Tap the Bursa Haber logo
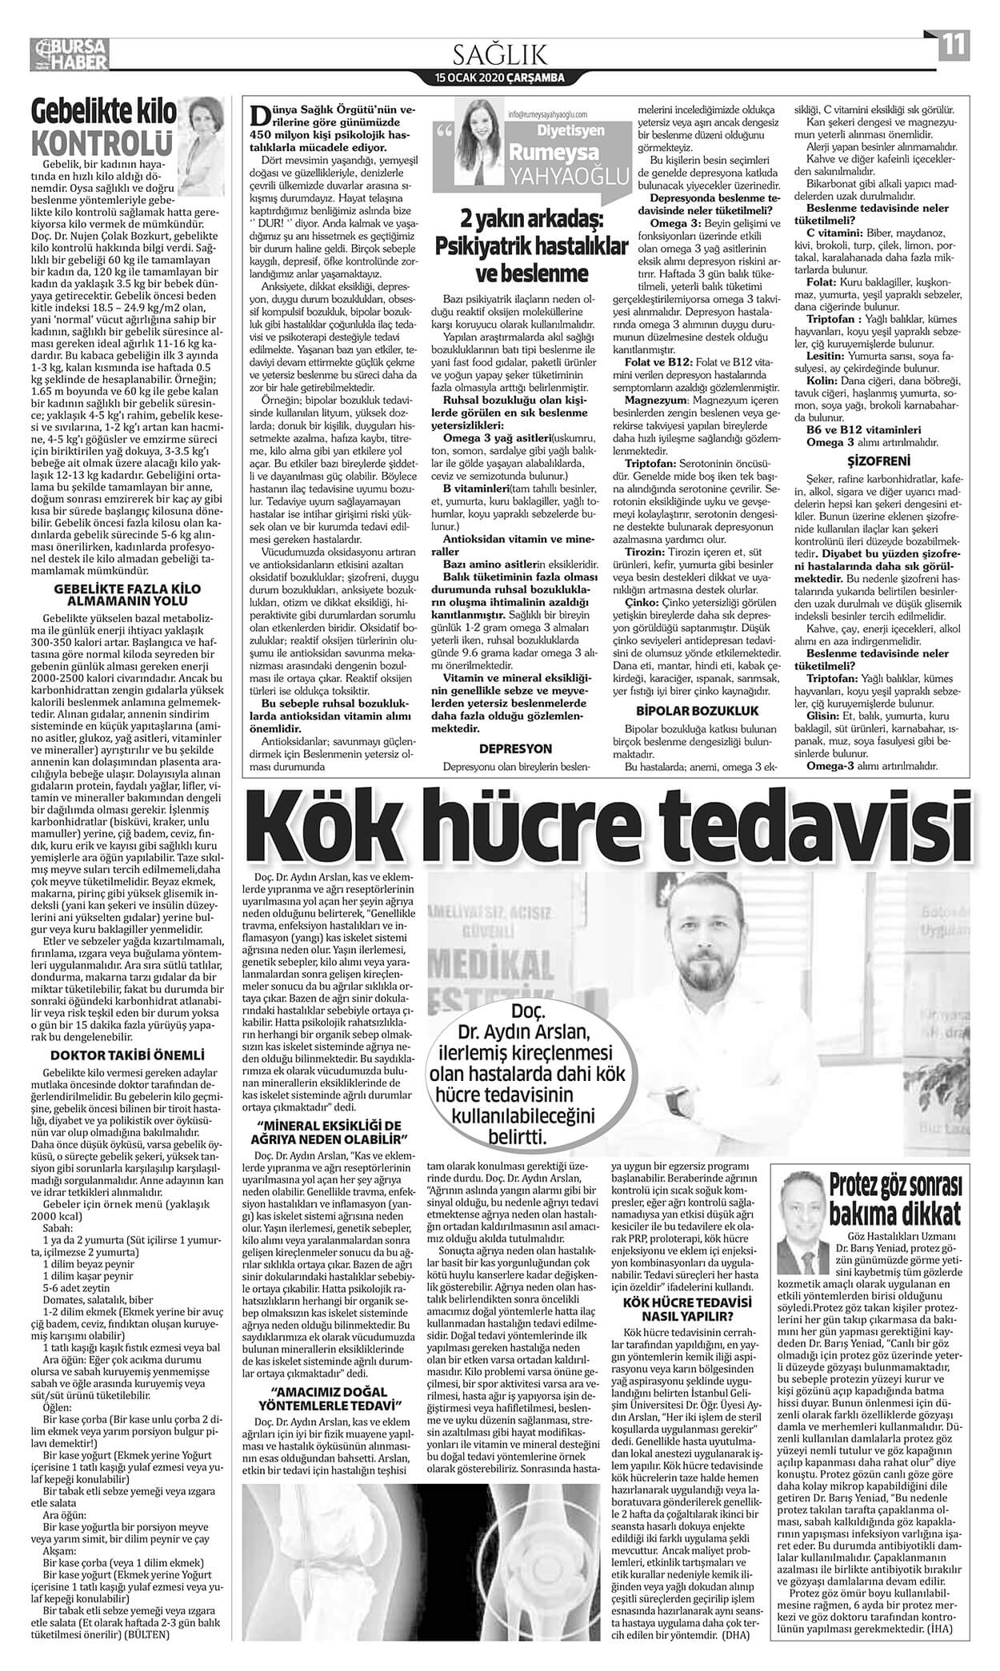point(71,53)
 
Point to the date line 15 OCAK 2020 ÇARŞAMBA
point(500,78)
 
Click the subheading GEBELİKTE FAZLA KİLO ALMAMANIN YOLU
point(127,592)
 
